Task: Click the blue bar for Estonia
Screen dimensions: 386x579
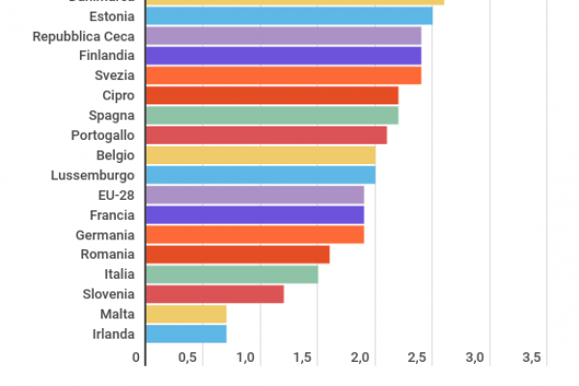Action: tap(289, 15)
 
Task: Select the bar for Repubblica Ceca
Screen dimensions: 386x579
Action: tap(283, 36)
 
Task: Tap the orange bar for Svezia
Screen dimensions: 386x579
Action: tap(283, 75)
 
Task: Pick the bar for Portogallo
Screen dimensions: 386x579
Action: tap(265, 135)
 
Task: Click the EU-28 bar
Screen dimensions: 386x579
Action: tap(255, 195)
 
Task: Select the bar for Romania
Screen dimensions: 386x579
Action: tap(237, 254)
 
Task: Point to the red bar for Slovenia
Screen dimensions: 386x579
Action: tap(214, 293)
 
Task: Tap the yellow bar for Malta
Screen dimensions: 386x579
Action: tap(185, 314)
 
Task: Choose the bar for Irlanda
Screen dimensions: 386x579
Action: tap(185, 334)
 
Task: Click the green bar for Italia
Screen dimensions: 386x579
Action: tap(232, 274)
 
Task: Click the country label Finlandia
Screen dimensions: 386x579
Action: tap(106, 56)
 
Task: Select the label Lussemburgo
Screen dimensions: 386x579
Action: tap(93, 176)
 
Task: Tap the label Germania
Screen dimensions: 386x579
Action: tap(105, 234)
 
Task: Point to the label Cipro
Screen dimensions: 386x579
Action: tap(118, 96)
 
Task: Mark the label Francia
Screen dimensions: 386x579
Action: tap(112, 215)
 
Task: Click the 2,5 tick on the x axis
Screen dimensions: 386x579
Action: tap(417, 358)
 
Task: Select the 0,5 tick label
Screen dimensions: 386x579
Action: tap(187, 358)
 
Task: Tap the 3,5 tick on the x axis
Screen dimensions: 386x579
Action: tap(532, 358)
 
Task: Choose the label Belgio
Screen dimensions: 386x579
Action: tap(115, 155)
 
